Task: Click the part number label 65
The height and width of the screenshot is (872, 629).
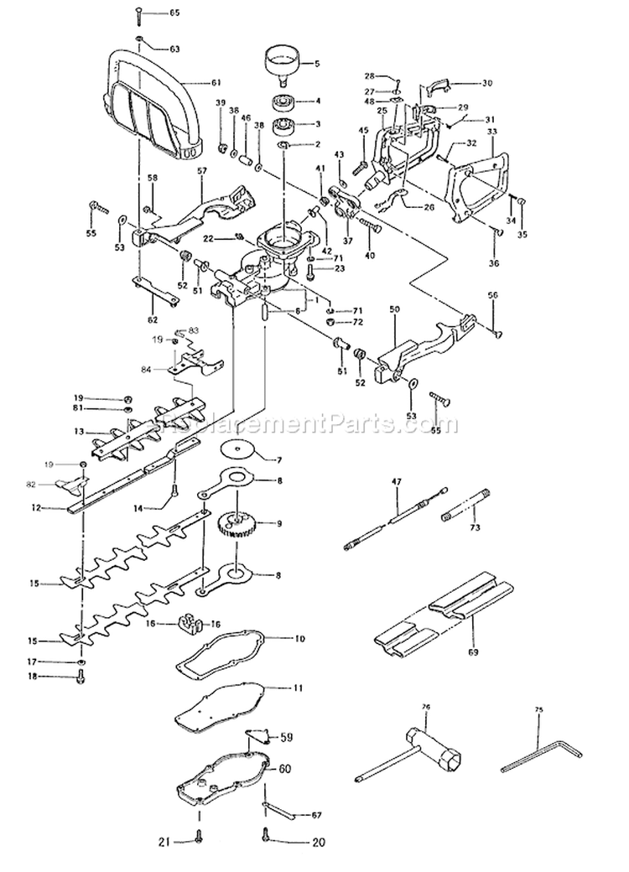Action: click(x=174, y=13)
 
